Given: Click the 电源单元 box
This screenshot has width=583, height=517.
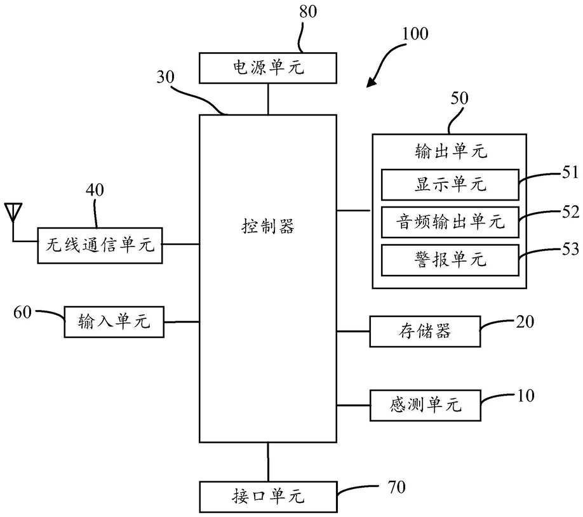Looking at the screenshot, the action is (268, 68).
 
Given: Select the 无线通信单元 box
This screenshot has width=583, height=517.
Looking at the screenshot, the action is (100, 246).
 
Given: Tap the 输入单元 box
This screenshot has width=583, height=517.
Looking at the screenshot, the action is (114, 322).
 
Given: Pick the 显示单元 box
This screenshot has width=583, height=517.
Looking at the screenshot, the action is (450, 184).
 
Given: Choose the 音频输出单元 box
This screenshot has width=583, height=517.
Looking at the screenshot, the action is (450, 222).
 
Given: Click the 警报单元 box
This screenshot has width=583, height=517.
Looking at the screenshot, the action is (450, 260).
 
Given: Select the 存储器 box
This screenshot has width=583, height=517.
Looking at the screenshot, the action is (425, 331).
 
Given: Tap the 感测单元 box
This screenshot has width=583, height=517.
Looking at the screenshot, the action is (426, 405).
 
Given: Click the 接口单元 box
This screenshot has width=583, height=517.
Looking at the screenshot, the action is (268, 497).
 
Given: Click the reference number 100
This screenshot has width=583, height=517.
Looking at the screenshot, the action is (415, 34).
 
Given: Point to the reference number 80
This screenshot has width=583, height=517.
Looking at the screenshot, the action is (308, 11).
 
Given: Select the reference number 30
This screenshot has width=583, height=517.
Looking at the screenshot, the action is (165, 77).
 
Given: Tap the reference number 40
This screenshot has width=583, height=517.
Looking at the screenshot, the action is (95, 190).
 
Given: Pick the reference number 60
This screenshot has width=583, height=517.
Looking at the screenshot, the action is (22, 312).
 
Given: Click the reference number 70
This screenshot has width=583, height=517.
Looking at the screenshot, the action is (396, 487).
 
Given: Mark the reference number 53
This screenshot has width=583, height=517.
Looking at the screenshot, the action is (570, 249).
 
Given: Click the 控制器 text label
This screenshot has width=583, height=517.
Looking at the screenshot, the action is (268, 225).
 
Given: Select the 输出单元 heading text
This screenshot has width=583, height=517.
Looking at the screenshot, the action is (451, 151).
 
